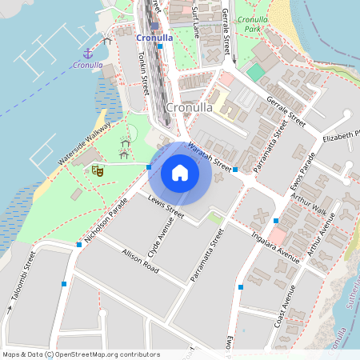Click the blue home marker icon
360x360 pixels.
(180, 172)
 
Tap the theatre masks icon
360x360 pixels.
(98, 170)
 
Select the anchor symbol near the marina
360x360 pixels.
(86, 53)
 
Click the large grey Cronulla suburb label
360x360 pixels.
(188, 108)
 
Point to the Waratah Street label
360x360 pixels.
(210, 158)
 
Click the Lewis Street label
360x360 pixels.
(166, 209)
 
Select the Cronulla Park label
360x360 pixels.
(252, 24)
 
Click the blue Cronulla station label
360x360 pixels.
(154, 37)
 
